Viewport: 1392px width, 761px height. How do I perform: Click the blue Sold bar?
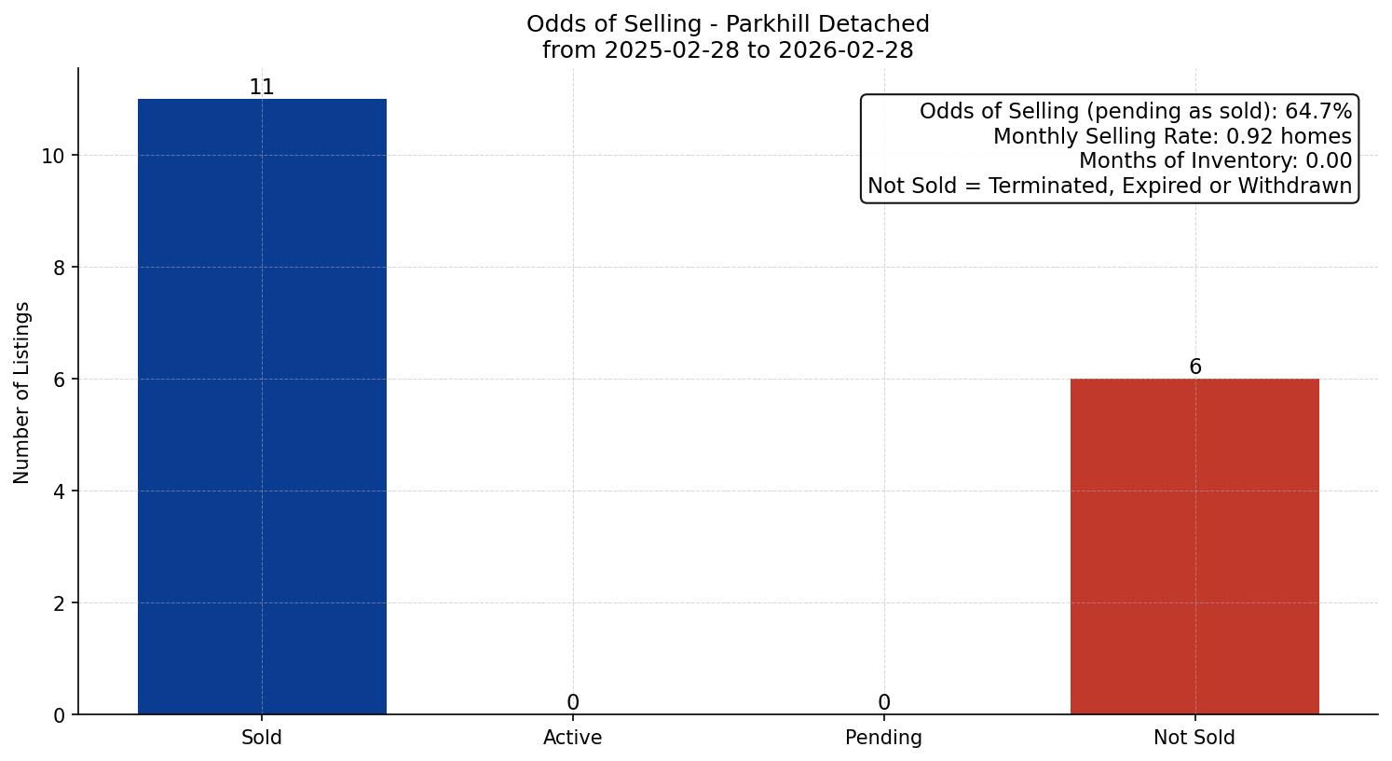[262, 407]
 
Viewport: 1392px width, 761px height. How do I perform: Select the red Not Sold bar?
[1194, 547]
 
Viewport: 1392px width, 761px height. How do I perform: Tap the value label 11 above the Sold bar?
[262, 87]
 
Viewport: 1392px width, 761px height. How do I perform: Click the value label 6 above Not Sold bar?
[1195, 367]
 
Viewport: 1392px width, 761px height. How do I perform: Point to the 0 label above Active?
[573, 702]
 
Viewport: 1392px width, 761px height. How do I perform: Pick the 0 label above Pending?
[884, 702]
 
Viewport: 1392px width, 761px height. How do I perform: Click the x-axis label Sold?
[262, 738]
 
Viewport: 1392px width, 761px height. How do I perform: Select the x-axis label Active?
[573, 738]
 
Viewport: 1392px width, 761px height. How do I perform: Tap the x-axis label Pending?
[884, 738]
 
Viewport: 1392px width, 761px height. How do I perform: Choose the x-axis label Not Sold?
[1194, 738]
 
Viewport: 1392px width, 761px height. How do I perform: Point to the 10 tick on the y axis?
[53, 156]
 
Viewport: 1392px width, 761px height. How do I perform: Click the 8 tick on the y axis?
[59, 268]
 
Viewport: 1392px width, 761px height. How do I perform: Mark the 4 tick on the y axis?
[59, 491]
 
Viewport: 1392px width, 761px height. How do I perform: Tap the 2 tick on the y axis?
[59, 603]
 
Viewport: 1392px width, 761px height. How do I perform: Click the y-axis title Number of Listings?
[22, 392]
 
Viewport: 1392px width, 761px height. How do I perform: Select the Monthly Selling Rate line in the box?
[1171, 136]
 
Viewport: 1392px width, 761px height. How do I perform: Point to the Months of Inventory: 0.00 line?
[1214, 160]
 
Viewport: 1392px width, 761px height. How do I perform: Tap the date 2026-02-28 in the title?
[846, 50]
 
